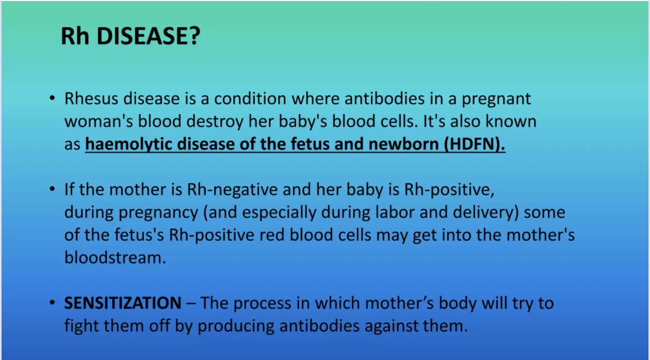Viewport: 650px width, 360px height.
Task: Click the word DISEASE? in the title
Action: coord(148,36)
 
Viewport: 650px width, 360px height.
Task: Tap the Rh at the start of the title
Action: coord(75,36)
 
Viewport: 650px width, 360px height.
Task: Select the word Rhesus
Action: coord(91,99)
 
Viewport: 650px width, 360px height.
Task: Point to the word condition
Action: coord(250,99)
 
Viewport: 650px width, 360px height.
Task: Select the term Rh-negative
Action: coord(233,190)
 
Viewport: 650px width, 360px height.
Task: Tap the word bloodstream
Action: coord(115,257)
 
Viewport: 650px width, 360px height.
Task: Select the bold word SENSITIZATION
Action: coord(123,303)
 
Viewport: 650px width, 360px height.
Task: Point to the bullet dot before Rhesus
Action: coord(52,98)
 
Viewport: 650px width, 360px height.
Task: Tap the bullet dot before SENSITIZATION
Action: coord(52,303)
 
